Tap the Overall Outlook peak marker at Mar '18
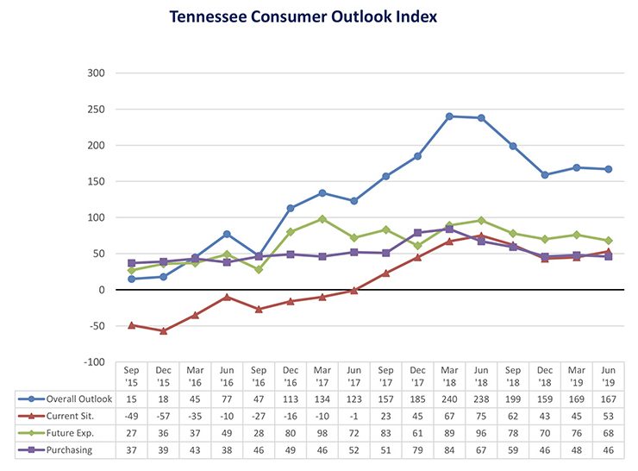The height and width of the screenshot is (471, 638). (x=449, y=116)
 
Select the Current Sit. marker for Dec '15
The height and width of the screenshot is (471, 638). (x=163, y=330)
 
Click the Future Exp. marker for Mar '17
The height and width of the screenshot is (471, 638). (x=322, y=219)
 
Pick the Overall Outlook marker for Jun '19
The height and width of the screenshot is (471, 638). (x=609, y=169)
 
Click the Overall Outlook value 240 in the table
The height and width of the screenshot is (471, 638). (x=449, y=399)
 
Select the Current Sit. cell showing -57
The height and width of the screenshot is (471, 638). (x=163, y=417)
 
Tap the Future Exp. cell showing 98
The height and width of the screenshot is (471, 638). (x=322, y=434)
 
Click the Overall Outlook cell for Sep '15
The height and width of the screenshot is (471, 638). (x=131, y=399)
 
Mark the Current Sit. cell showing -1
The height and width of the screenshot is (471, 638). (x=353, y=417)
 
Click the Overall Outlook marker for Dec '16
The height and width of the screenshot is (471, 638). (x=290, y=208)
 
